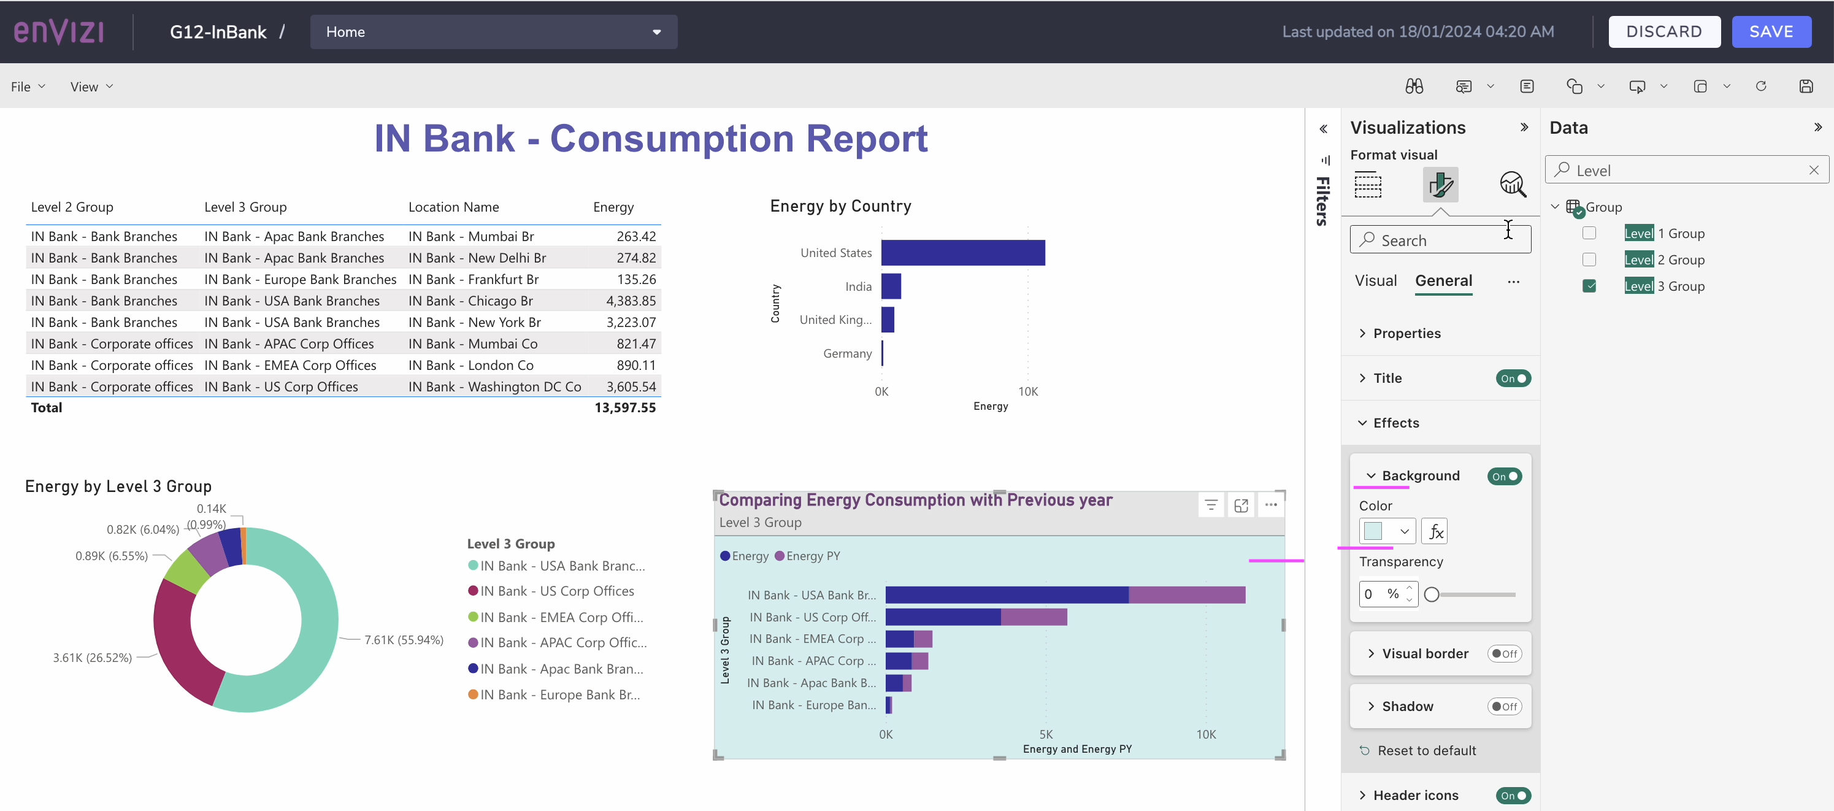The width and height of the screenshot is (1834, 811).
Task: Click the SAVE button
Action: click(1771, 32)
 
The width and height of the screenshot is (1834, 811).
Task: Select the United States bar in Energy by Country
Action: click(962, 253)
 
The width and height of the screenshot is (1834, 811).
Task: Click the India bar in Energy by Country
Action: click(891, 286)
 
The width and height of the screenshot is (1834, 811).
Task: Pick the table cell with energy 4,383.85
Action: click(630, 301)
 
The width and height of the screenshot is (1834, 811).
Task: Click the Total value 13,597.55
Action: click(624, 408)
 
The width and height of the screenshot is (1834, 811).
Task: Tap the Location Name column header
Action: click(453, 207)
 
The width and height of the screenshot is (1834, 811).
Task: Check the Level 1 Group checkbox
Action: click(1589, 234)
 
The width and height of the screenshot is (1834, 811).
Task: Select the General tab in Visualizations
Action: click(1443, 280)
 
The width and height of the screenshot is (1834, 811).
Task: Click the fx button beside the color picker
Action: click(1434, 531)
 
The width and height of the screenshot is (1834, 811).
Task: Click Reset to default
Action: click(1426, 750)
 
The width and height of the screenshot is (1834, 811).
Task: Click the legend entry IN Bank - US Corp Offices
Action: click(556, 591)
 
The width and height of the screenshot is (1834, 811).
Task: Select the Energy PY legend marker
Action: click(780, 556)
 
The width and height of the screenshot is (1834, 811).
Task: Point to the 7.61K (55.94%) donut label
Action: click(403, 640)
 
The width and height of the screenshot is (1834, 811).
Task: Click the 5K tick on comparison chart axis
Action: click(1045, 734)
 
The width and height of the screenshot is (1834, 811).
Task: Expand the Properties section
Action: click(1406, 333)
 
